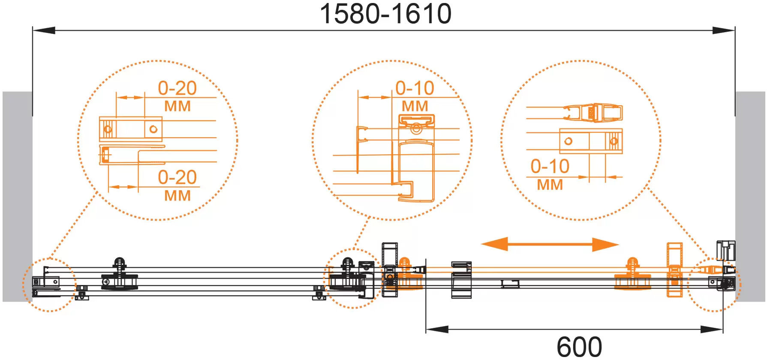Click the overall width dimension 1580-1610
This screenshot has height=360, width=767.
[x=385, y=14]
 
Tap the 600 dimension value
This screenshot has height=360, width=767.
[x=579, y=346]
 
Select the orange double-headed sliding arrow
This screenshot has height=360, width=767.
[x=550, y=244]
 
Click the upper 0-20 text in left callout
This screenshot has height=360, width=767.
[x=177, y=88]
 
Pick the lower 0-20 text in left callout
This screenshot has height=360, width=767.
[x=177, y=177]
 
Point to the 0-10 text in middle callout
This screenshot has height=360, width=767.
[x=415, y=88]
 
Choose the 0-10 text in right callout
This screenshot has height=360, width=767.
[x=550, y=166]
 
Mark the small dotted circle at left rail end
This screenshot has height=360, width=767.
[x=49, y=285]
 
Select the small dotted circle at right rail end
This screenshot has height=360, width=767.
[x=714, y=285]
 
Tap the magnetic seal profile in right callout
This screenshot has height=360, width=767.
[x=594, y=113]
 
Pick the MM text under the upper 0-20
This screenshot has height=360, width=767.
[x=177, y=106]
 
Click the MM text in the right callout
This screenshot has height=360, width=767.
[x=550, y=185]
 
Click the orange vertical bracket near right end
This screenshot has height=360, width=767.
[x=674, y=270]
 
